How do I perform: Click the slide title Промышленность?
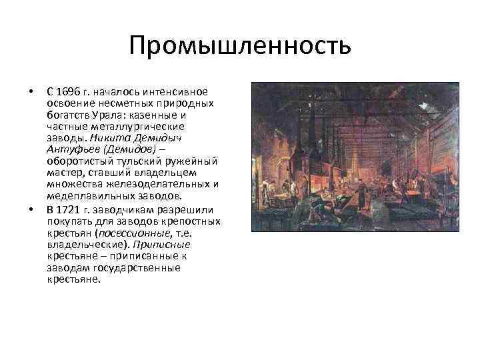pyautogui.click(x=239, y=46)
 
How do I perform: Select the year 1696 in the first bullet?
pyautogui.click(x=67, y=91)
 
